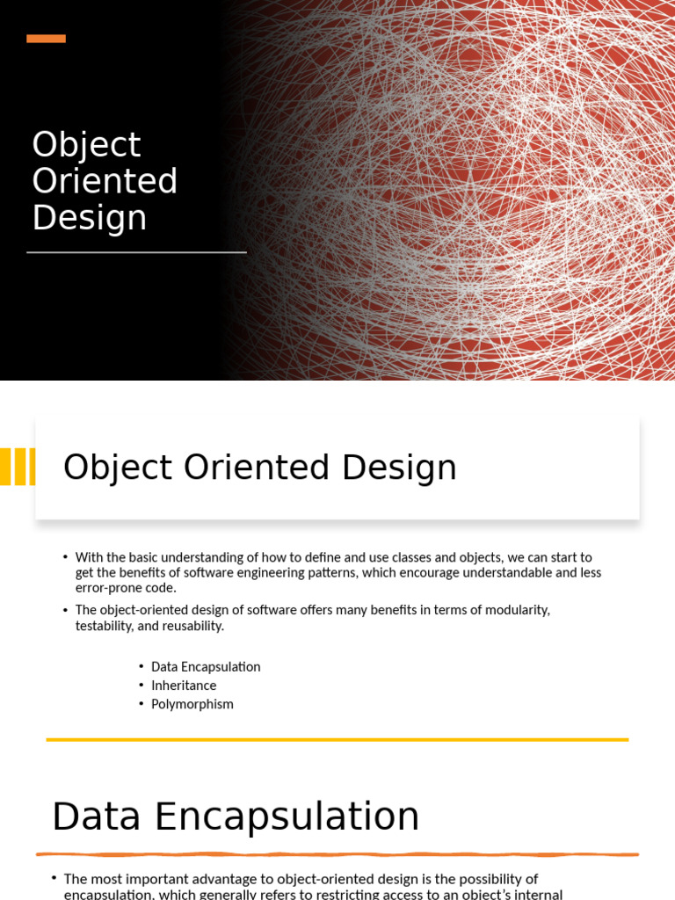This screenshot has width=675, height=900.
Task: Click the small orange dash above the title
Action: click(46, 39)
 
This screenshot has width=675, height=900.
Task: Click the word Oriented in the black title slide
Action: click(105, 181)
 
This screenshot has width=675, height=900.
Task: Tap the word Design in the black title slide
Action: click(89, 218)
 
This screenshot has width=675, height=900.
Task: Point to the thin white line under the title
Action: click(136, 252)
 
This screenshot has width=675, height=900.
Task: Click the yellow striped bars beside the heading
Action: click(18, 467)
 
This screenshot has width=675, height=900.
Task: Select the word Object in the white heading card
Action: click(117, 468)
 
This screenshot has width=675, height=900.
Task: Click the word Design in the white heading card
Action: click(399, 468)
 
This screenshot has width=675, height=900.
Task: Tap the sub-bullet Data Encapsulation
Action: click(206, 667)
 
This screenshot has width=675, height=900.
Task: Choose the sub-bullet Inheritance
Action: click(184, 686)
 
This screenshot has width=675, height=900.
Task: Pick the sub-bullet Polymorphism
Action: click(192, 704)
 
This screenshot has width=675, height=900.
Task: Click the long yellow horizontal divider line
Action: click(337, 740)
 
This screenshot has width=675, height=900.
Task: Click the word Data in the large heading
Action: click(96, 817)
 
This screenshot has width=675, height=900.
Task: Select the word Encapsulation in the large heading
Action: click(287, 817)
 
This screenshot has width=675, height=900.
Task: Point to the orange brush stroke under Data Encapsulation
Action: click(337, 854)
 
